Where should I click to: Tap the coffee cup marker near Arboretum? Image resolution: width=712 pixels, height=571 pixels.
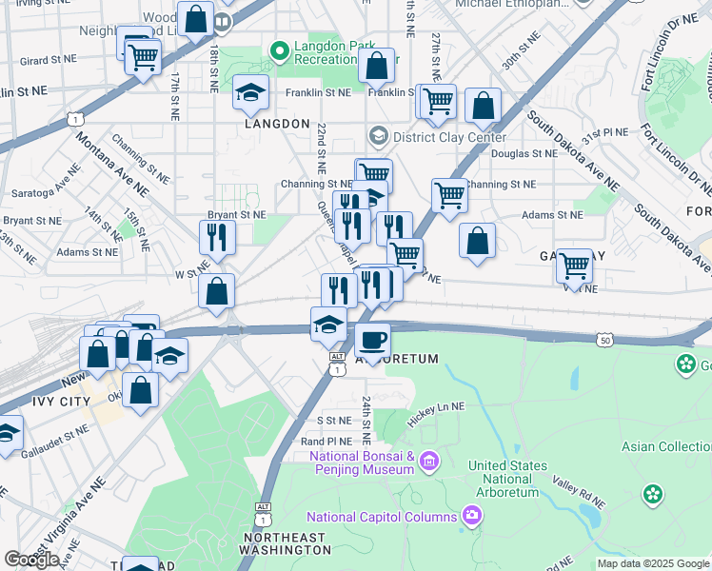[x=373, y=340]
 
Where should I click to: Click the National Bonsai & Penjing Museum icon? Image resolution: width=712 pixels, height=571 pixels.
[x=429, y=462]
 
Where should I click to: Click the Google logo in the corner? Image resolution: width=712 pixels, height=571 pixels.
[x=31, y=560]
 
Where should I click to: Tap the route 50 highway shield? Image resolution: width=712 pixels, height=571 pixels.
[x=604, y=339]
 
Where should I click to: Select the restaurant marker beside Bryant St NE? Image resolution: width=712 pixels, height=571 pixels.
[x=218, y=238]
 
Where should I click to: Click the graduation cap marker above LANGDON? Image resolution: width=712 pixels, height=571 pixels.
[x=250, y=92]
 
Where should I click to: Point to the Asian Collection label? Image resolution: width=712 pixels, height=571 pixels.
[x=666, y=446]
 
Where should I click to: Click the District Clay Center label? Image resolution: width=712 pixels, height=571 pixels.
[x=446, y=137]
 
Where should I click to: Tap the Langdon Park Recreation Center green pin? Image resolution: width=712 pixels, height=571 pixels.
[x=280, y=49]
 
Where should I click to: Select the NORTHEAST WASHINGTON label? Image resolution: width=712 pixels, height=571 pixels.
[x=285, y=543]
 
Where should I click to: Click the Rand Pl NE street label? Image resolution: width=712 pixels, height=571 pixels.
[x=326, y=442]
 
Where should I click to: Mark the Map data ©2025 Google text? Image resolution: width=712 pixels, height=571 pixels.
[x=653, y=563]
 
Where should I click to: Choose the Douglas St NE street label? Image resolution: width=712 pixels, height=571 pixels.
[x=524, y=153]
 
